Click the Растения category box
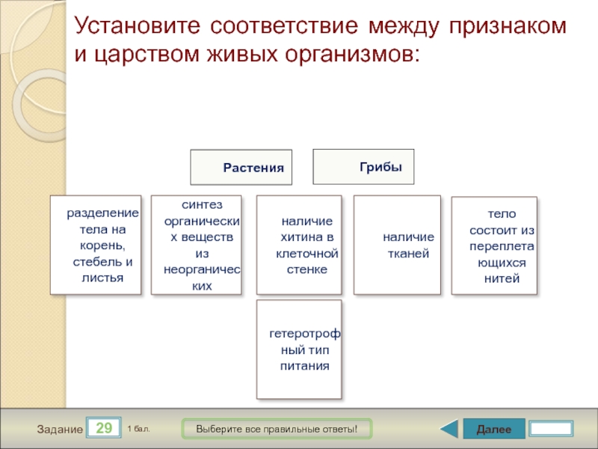click(241, 167)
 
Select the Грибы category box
click(363, 167)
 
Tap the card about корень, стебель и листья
click(96, 245)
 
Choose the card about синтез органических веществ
click(197, 245)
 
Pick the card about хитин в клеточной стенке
click(299, 245)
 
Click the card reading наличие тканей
click(398, 245)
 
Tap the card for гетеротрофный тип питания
click(299, 349)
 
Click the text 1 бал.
click(138, 428)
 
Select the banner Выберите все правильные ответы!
click(277, 429)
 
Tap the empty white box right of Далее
click(551, 429)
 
